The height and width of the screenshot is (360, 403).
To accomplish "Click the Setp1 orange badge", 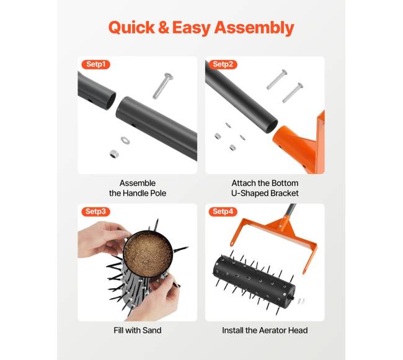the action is click(96, 64).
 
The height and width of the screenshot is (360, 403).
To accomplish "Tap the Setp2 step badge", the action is click(223, 64).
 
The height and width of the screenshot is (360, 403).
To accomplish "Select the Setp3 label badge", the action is click(96, 211).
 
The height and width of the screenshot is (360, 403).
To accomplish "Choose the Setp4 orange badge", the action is click(223, 211).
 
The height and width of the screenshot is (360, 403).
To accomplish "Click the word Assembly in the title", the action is click(254, 28).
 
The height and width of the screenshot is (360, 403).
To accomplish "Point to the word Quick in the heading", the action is click(131, 27).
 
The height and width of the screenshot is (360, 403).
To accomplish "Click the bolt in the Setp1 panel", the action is click(163, 86).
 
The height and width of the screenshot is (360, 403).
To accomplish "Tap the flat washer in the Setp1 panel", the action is click(125, 140).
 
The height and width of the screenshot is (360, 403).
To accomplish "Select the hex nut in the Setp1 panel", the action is click(114, 154).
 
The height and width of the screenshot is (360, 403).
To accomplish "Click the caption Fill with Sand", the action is click(138, 330).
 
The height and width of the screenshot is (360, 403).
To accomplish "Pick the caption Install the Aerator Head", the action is click(265, 330).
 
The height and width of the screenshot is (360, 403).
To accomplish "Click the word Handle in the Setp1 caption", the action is click(135, 193).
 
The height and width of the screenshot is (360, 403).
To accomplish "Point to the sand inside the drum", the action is click(148, 255).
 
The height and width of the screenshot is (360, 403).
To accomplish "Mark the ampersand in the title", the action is click(164, 27).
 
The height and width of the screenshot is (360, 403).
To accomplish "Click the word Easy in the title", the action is click(192, 28).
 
